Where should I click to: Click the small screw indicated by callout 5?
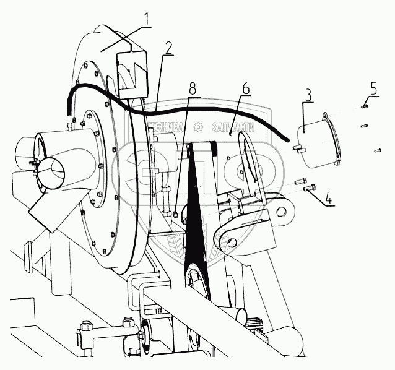pos(364,107)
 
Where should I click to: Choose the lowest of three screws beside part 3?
pos(376,150)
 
